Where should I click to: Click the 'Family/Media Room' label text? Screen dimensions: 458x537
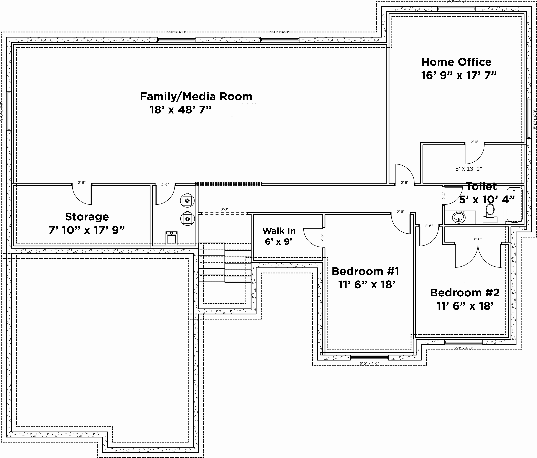196,97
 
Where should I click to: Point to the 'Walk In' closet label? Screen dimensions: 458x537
279,231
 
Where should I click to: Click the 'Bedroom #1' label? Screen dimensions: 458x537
365,271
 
